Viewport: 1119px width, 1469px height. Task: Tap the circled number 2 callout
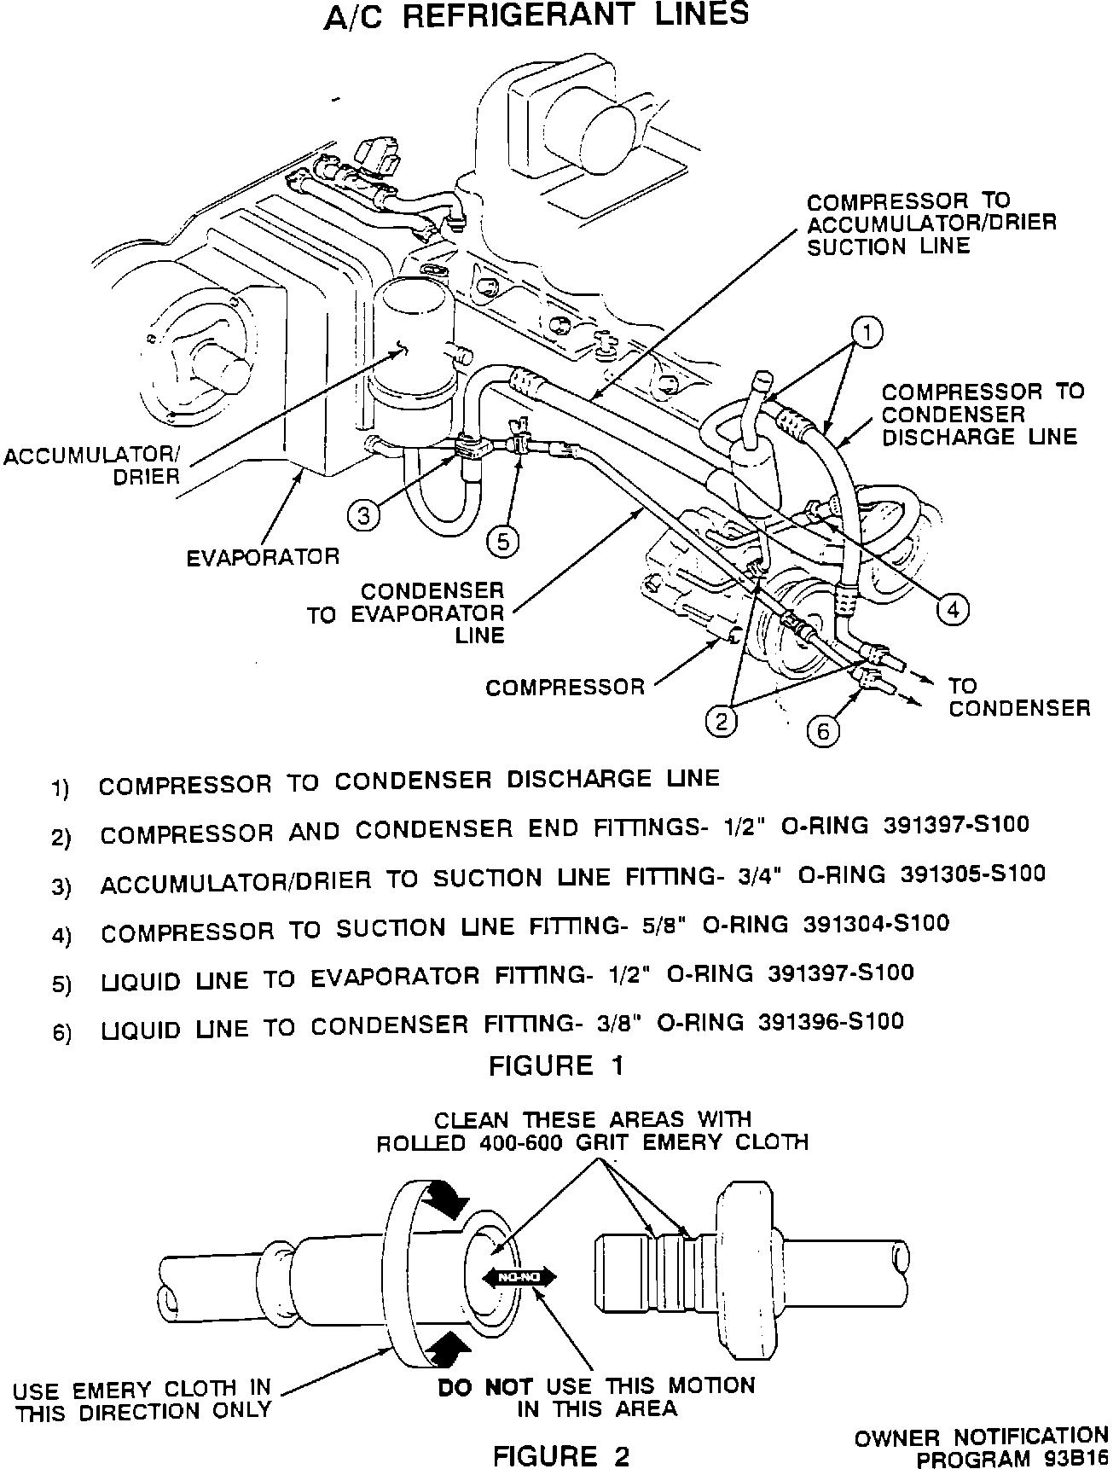(721, 722)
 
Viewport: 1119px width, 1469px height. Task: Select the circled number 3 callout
(364, 516)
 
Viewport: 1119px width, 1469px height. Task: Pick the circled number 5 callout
(503, 541)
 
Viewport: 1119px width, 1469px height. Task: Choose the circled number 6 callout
(823, 731)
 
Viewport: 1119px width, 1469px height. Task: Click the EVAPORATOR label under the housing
(263, 557)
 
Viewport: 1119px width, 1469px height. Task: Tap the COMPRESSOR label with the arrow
(565, 687)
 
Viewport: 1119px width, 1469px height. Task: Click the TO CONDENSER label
(1018, 697)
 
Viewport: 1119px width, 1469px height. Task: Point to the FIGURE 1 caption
(556, 1065)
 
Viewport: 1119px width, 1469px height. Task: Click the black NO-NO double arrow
(519, 1277)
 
